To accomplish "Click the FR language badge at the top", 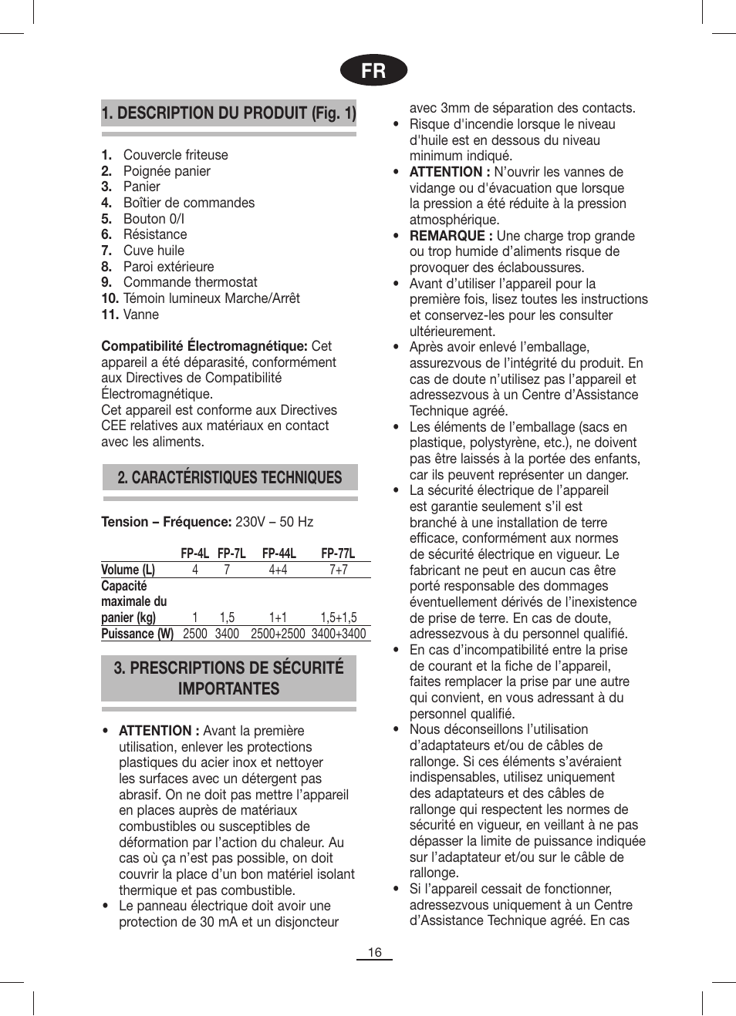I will (x=373, y=70).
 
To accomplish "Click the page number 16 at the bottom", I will (x=374, y=952).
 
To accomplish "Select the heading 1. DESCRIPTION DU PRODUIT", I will (x=228, y=113).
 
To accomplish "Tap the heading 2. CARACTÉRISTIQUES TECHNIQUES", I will (x=229, y=478).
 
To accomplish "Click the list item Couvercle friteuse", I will (x=175, y=155).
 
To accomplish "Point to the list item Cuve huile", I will (x=154, y=251).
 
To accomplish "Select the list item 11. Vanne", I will (x=130, y=315).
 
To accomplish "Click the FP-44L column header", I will (x=279, y=553).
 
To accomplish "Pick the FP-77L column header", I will (x=338, y=553).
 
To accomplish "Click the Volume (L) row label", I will (x=128, y=570).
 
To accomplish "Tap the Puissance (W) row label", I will (x=137, y=634).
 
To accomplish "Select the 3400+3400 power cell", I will (x=339, y=634).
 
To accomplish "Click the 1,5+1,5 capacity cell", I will (x=339, y=617).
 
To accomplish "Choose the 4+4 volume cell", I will (x=278, y=570).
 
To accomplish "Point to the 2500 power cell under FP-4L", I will (x=195, y=634).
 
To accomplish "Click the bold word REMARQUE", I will (x=447, y=236).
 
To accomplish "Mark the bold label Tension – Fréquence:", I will (x=166, y=522).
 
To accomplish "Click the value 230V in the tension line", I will (x=250, y=522).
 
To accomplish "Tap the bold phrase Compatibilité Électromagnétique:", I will (x=204, y=346).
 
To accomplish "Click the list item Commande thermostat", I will (x=190, y=282).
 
